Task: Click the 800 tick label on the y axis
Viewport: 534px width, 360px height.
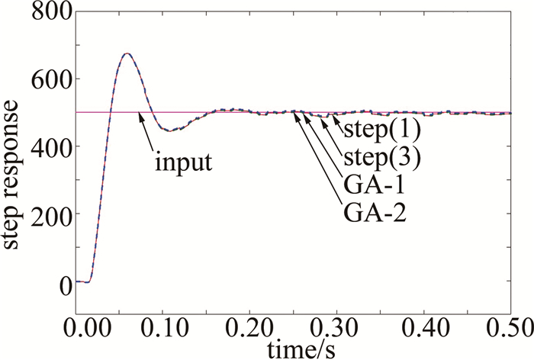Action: click(48, 13)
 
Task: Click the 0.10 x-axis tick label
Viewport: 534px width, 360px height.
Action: click(162, 329)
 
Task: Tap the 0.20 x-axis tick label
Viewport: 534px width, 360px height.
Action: click(249, 329)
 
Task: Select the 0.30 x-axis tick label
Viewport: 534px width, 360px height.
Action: click(337, 329)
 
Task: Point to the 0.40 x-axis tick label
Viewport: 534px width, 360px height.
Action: click(424, 329)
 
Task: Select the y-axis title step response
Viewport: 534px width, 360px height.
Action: click(15, 162)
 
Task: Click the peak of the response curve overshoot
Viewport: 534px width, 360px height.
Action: click(127, 53)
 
